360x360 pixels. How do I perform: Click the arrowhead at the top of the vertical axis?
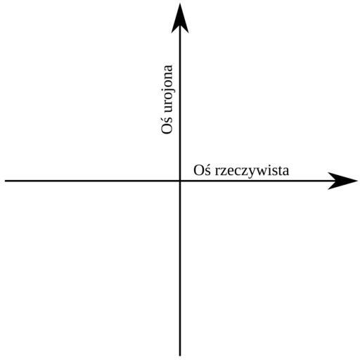(x=180, y=19)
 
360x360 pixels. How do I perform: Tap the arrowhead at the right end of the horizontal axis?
(x=342, y=181)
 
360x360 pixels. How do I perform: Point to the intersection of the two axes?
(x=180, y=181)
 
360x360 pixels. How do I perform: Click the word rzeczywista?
(x=252, y=171)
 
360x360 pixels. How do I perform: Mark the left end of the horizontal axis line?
(x=5, y=181)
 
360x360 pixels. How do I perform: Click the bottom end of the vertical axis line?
(x=180, y=355)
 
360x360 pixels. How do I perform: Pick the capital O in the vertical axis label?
(x=167, y=129)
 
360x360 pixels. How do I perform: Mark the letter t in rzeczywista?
(x=281, y=171)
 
